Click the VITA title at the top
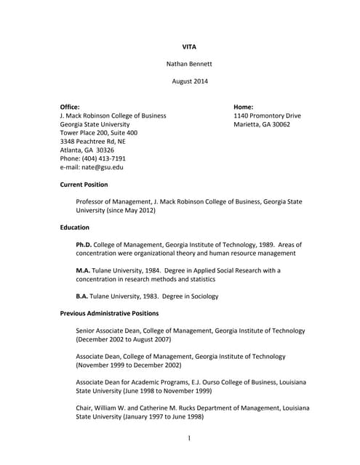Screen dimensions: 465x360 point(189,46)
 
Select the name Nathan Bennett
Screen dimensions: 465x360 point(189,64)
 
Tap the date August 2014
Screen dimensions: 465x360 point(189,81)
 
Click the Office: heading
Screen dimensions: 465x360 point(70,107)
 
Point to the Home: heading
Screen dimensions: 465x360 point(243,107)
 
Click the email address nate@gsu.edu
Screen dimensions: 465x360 point(102,167)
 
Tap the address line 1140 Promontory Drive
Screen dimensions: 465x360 point(267,116)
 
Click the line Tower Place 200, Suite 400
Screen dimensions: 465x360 point(98,133)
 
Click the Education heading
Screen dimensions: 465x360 point(75,227)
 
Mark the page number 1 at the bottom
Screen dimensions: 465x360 point(188,439)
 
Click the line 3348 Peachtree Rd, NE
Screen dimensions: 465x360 point(92,142)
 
